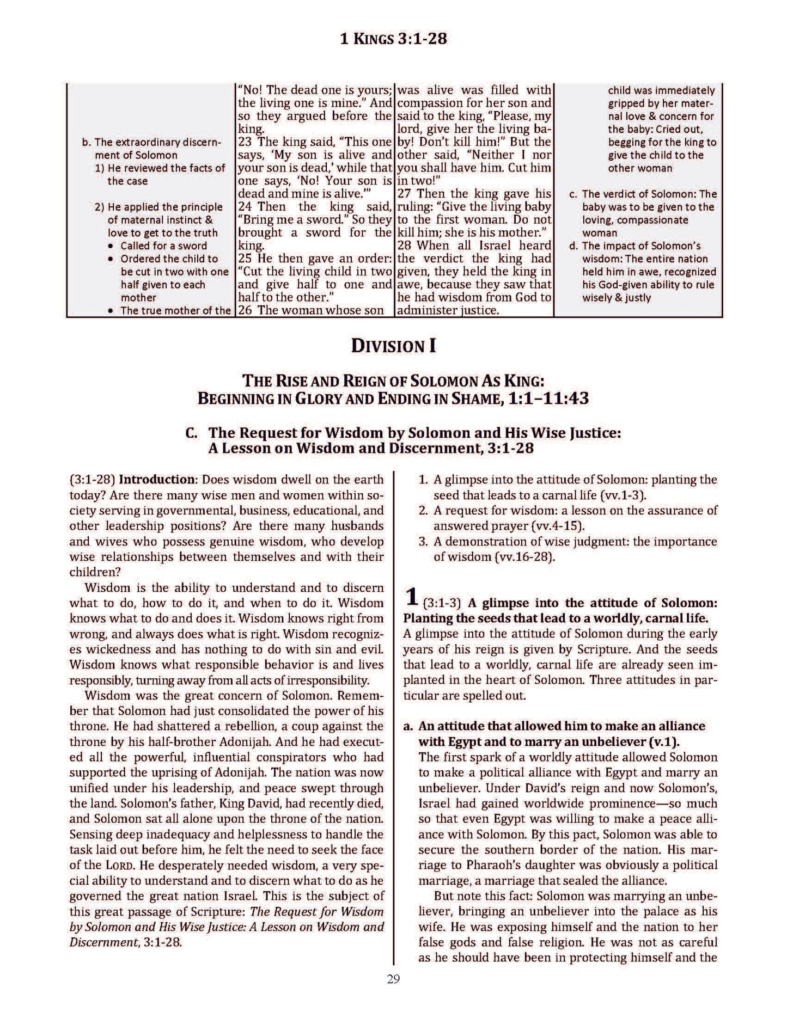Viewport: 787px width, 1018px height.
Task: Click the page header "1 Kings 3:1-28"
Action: point(393,39)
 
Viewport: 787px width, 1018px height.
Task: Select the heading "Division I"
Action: point(393,346)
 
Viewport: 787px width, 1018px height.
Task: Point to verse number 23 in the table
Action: point(246,142)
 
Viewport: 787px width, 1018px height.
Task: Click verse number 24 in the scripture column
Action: point(246,207)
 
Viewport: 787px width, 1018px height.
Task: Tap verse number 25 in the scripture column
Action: point(246,259)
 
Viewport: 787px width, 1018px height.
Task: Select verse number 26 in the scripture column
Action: point(246,310)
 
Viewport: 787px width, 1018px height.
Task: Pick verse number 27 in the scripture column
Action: point(405,194)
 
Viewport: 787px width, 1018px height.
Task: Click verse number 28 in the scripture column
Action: point(405,246)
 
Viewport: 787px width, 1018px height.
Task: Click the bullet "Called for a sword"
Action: point(163,246)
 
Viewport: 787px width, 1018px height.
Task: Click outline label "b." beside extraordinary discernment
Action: point(85,142)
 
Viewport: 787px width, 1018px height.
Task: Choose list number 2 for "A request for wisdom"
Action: point(423,511)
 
